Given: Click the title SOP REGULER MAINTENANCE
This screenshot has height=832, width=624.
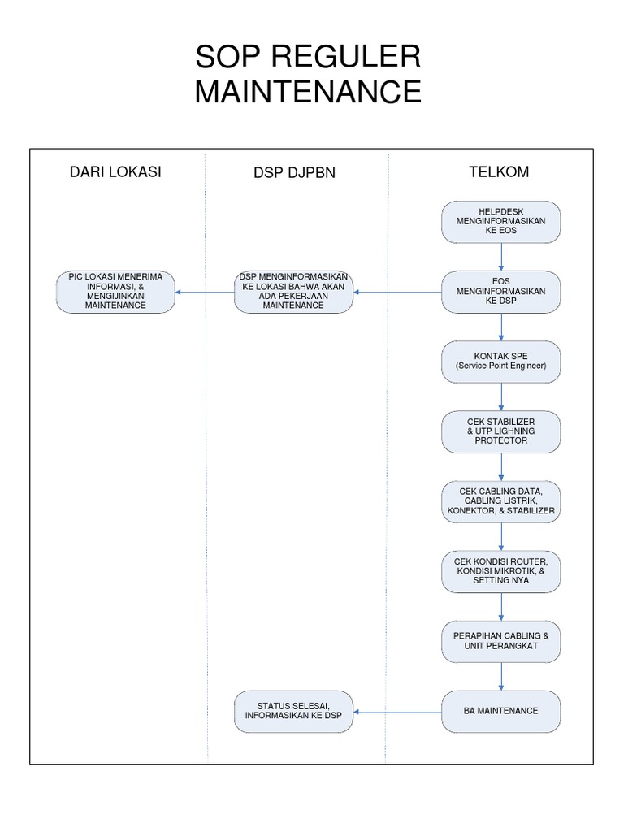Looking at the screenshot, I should click(308, 75).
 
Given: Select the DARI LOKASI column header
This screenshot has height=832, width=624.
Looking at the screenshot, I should click(115, 172).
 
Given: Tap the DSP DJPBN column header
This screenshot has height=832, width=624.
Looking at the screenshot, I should click(294, 173).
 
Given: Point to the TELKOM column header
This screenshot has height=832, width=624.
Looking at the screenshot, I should click(498, 172).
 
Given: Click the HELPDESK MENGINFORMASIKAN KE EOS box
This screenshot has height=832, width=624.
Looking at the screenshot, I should click(500, 222).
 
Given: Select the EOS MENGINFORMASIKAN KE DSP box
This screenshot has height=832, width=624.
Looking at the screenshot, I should click(500, 292).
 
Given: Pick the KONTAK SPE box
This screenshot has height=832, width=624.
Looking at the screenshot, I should click(500, 362).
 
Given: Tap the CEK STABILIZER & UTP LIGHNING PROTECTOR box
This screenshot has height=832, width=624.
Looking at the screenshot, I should click(500, 431).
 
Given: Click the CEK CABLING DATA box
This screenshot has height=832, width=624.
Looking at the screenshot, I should click(500, 501).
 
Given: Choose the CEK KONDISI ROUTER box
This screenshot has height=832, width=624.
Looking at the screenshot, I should click(500, 572).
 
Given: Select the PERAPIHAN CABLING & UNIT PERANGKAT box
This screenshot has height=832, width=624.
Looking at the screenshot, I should click(500, 642).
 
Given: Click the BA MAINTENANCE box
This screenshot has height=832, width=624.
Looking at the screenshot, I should click(500, 711).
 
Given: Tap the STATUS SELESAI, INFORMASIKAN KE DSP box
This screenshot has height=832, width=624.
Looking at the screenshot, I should click(293, 711).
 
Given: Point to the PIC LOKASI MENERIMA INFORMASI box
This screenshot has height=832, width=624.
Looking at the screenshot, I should click(115, 292).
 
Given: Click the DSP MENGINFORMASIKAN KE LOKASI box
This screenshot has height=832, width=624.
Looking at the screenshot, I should click(293, 292).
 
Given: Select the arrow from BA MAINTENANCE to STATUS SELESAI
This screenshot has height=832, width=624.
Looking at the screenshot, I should click(397, 712).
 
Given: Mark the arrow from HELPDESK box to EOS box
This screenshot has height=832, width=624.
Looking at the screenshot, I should click(501, 257).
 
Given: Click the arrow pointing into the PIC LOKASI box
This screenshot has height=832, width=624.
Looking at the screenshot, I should click(205, 292).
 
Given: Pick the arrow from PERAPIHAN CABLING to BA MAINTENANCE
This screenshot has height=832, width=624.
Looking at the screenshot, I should click(501, 677).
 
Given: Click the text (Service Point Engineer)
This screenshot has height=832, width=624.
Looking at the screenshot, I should click(500, 366).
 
